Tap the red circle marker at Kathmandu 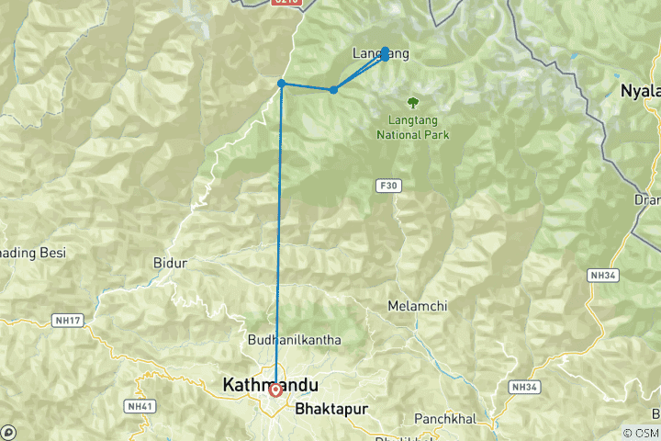275,390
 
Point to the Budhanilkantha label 295,340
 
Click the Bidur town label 170,264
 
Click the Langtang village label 378,54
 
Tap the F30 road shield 387,186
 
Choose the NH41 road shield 140,405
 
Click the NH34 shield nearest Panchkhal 523,387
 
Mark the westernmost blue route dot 282,84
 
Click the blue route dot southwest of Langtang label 333,89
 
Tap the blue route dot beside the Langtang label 386,51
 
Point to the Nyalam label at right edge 641,90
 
